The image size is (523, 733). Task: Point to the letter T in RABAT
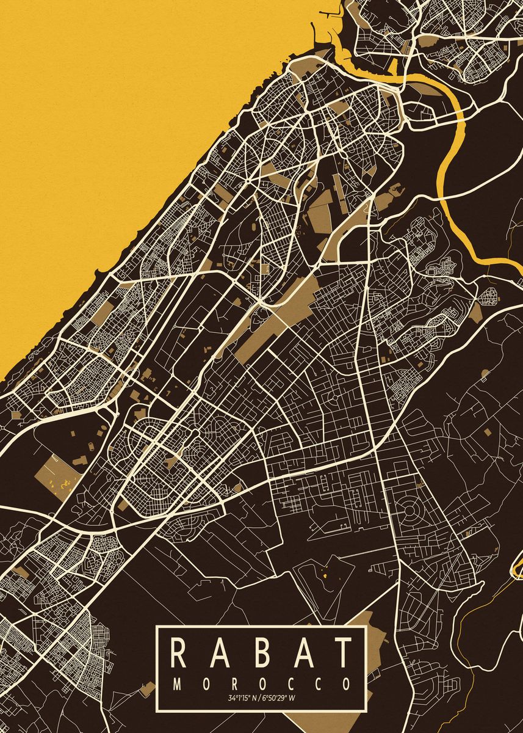pos(343,653)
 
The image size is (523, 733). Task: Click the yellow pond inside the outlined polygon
pos(324,574)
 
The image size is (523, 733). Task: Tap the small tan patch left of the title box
pos(147,689)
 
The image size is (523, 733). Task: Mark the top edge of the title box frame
pos(261,627)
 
